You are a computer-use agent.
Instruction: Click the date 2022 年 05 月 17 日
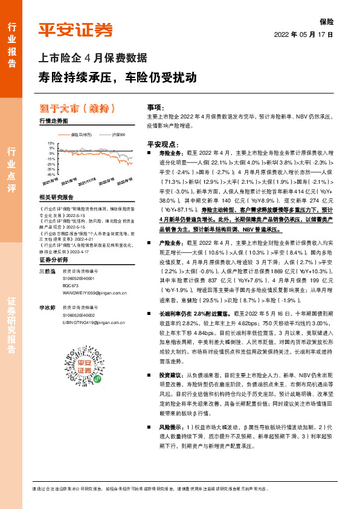304,34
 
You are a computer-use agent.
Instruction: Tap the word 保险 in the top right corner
327,21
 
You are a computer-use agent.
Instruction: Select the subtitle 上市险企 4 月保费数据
92,59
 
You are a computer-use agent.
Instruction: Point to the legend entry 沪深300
118,135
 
